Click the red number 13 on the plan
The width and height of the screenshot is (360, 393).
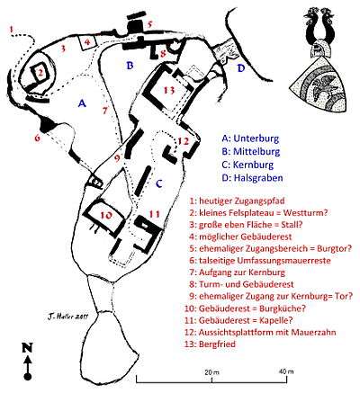[x=169, y=90]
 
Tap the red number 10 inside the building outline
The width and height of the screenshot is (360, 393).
[x=106, y=215]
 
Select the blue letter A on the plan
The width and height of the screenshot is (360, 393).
[x=82, y=103]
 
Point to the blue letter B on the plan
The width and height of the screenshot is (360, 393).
[x=130, y=65]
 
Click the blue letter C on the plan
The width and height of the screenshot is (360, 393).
[x=159, y=183]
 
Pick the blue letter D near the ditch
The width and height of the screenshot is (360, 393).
[x=241, y=68]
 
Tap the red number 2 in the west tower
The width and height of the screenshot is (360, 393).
[x=40, y=72]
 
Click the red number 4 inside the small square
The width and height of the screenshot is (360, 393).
[x=87, y=42]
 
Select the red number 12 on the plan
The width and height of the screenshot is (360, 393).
[x=184, y=141]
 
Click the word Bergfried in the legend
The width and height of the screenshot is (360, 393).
[x=217, y=344]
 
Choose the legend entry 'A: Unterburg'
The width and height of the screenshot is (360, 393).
[x=250, y=138]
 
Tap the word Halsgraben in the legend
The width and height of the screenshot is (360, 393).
[x=258, y=178]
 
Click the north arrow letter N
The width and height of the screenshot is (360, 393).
[x=27, y=347]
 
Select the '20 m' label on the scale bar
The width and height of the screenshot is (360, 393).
[x=212, y=372]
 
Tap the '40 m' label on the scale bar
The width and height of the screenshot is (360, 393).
[x=286, y=371]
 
